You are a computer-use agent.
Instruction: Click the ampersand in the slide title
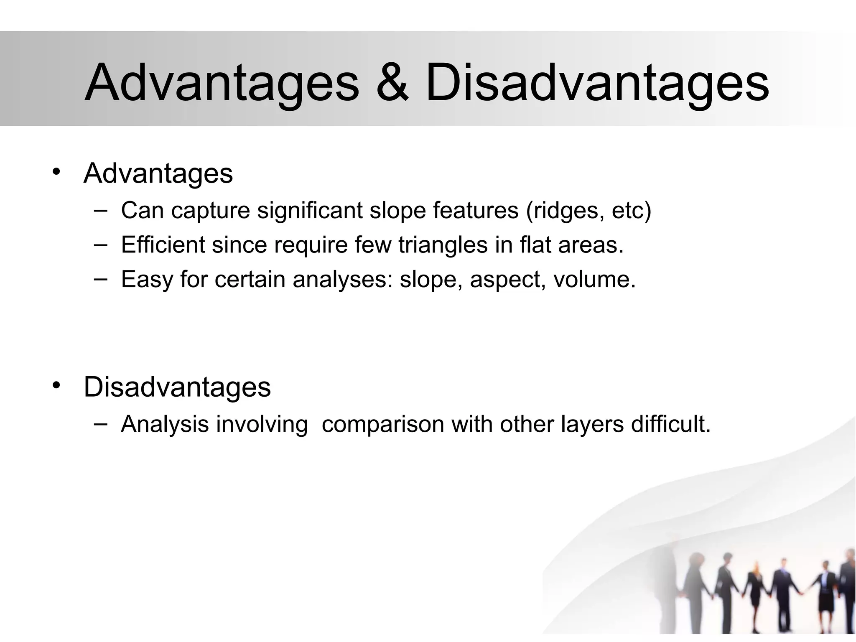pyautogui.click(x=392, y=83)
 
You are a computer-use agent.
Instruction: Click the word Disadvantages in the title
pyautogui.click(x=596, y=83)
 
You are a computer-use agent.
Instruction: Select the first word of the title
pyautogui.click(x=222, y=83)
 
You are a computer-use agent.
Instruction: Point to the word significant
pyautogui.click(x=310, y=210)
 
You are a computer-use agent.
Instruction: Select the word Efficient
pyautogui.click(x=163, y=245)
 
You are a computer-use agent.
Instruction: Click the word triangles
pyautogui.click(x=443, y=245)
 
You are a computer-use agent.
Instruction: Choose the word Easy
pyautogui.click(x=147, y=279)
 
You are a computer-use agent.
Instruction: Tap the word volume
pyautogui.click(x=594, y=279)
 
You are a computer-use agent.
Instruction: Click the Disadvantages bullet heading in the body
pyautogui.click(x=177, y=387)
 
